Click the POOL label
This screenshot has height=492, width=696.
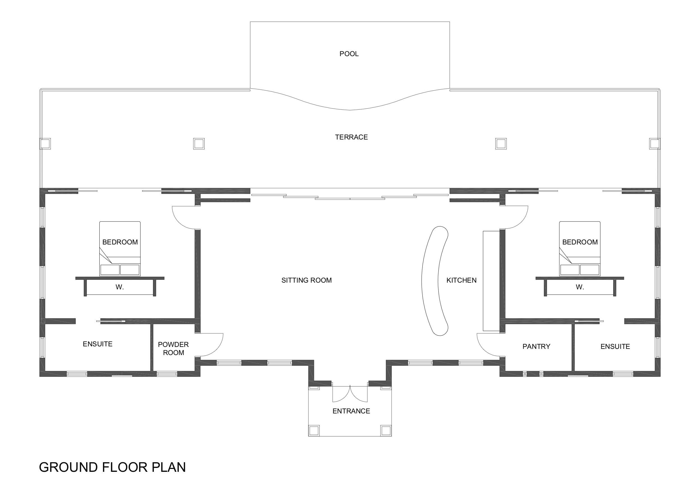pos(349,54)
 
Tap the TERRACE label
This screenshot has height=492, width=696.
pos(351,137)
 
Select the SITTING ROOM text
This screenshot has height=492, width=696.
pos(306,280)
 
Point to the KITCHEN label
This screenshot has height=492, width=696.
pos(461,280)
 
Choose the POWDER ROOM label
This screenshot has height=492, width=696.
pos(173,349)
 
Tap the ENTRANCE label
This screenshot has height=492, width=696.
pos(351,411)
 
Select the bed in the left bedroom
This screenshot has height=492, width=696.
pos(120,249)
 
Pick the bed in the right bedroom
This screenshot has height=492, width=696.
pos(580,249)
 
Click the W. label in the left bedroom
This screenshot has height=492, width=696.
pos(120,287)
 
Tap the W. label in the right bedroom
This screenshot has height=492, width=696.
pos(580,287)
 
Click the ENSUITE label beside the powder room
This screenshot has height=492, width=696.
pos(98,344)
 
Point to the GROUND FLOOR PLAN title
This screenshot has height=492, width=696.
pos(112,467)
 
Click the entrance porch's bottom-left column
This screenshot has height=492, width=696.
pos(314,431)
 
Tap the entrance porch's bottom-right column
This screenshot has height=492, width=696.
pos(386,431)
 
